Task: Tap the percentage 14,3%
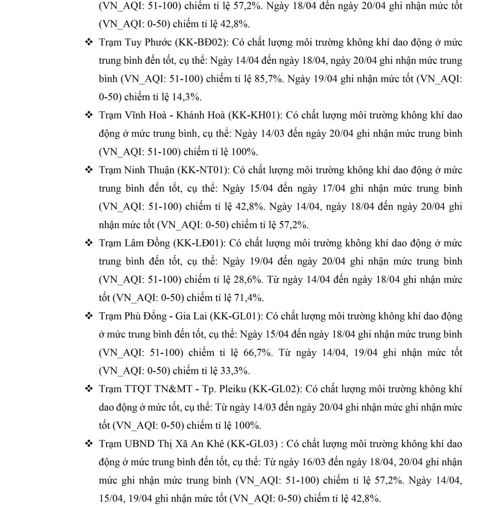[x=186, y=97]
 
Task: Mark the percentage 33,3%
[x=235, y=371]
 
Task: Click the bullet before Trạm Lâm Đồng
[x=89, y=243]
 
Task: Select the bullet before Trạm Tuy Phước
[x=89, y=42]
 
